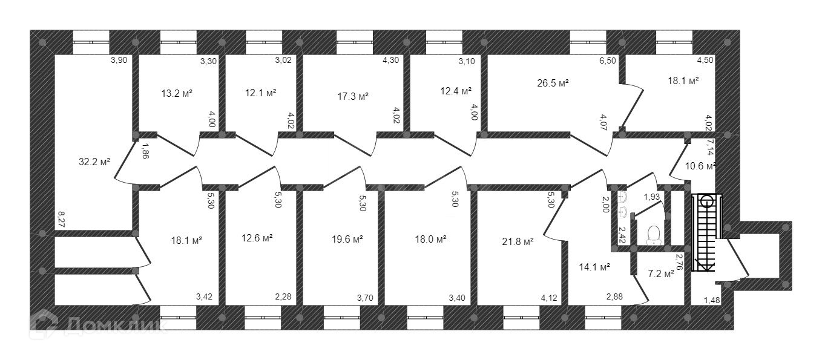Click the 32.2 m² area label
tap(94, 162)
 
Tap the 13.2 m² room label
tap(177, 93)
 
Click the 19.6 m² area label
tap(347, 239)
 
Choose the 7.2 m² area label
tap(660, 274)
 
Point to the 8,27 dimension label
tap(61, 218)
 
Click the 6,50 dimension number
tap(608, 61)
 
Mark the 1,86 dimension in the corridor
tap(145, 150)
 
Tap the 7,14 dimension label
tap(711, 146)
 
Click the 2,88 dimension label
tap(615, 297)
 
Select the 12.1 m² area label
tap(261, 93)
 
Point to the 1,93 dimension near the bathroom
tap(651, 197)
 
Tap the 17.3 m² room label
tap(353, 96)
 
